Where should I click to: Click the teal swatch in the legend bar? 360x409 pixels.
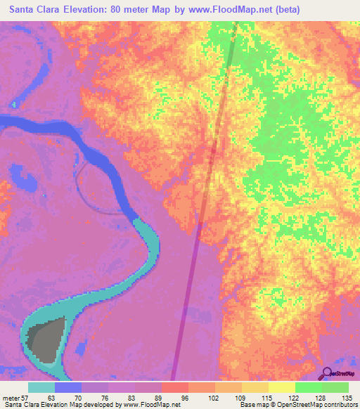(41, 387)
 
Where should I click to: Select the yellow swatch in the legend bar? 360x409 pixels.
(282, 387)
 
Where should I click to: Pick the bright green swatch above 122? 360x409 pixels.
(309, 387)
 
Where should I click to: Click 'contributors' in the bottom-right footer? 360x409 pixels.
(337, 405)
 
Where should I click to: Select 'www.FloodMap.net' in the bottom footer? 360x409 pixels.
(150, 405)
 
